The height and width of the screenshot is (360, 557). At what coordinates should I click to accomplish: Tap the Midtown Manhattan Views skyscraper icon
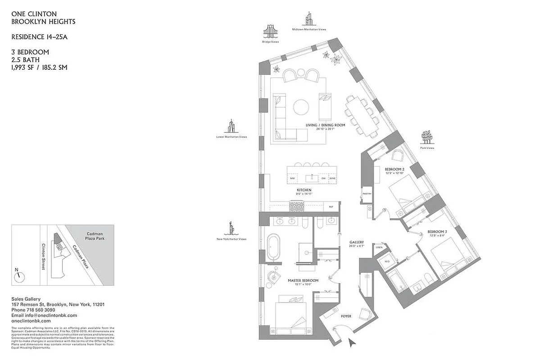[309, 19]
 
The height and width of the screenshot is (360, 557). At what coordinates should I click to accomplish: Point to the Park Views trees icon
[427, 137]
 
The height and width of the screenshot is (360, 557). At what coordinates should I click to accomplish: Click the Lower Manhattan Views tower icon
[231, 126]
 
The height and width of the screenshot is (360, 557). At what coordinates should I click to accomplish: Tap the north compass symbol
[18, 276]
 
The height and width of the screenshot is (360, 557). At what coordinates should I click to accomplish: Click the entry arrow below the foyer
[353, 343]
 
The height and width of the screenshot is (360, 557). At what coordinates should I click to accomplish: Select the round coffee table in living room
[301, 107]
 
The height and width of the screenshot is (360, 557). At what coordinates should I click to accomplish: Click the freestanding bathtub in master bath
[274, 247]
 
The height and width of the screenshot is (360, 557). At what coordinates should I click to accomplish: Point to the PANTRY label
[367, 194]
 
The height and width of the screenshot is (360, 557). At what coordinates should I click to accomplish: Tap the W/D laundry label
[386, 261]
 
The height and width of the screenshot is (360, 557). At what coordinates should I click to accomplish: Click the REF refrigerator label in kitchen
[331, 207]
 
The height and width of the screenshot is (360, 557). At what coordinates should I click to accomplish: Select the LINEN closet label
[379, 247]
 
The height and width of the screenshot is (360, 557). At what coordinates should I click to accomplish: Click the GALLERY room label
[357, 242]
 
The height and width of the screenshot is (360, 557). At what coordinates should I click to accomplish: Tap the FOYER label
[346, 316]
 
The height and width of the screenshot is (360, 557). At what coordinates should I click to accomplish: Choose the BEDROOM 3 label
[436, 231]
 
